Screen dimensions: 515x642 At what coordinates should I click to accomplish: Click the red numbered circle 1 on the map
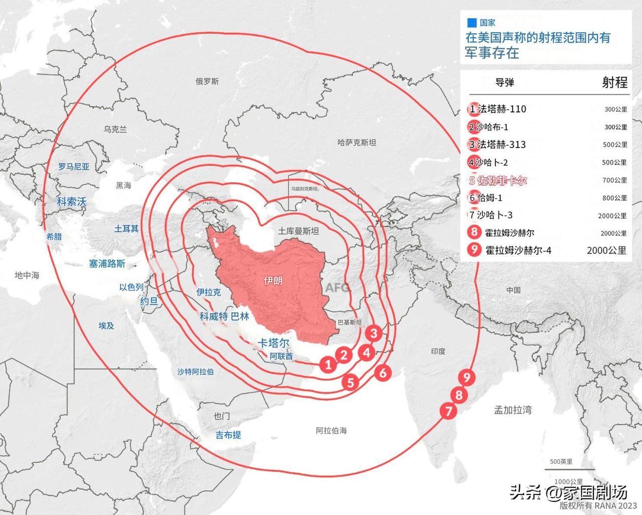coord(329,364)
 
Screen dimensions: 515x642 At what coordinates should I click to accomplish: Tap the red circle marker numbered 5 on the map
coord(350,382)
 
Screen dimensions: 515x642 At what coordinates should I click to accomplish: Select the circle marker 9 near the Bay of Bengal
coord(467,377)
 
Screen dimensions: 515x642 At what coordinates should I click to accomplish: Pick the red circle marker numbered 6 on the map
coord(383,372)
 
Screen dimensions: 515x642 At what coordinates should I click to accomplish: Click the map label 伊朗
coord(273,281)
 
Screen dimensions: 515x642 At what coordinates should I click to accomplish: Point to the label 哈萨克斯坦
coord(357,143)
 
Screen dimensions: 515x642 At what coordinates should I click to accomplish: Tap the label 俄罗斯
coord(207,81)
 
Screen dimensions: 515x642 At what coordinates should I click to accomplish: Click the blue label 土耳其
coord(126,229)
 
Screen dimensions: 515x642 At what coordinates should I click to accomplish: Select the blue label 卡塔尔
coord(273,343)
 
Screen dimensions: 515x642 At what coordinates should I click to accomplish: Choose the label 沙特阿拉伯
coord(195,372)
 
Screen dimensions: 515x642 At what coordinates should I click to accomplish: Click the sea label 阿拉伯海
coord(331,431)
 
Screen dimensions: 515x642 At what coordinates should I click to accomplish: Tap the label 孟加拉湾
coord(513,410)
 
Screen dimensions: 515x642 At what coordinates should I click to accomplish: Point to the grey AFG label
coord(337,288)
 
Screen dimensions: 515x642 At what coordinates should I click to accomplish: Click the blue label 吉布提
coord(228,435)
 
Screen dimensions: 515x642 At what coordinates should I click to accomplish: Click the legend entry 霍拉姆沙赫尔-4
coord(518,250)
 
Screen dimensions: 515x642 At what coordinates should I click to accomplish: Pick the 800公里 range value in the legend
coord(614,198)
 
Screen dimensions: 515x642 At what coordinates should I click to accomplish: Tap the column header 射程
coord(614,82)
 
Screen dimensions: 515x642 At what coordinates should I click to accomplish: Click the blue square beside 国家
coord(471,23)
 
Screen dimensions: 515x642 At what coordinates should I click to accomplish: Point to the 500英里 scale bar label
coord(561,462)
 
